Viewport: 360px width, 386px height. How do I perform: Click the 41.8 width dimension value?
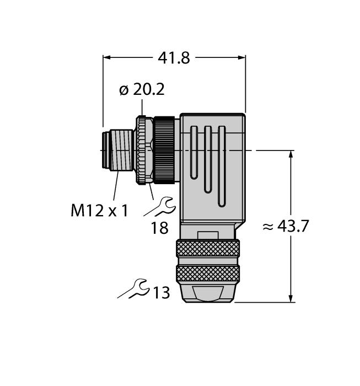pos(174,58)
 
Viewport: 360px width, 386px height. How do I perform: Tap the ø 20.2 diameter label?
pos(142,90)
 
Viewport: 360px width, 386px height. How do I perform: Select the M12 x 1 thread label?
pos(99,210)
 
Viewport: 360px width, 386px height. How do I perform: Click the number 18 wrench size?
pos(159,227)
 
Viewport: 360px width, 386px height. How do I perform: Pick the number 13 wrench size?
pos(161,293)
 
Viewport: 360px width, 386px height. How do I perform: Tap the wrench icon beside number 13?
pos(135,289)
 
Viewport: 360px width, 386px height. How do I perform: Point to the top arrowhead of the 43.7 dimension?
pos(291,154)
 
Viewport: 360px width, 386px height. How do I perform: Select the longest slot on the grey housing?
pos(221,166)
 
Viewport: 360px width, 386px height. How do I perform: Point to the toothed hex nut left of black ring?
pos(144,150)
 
